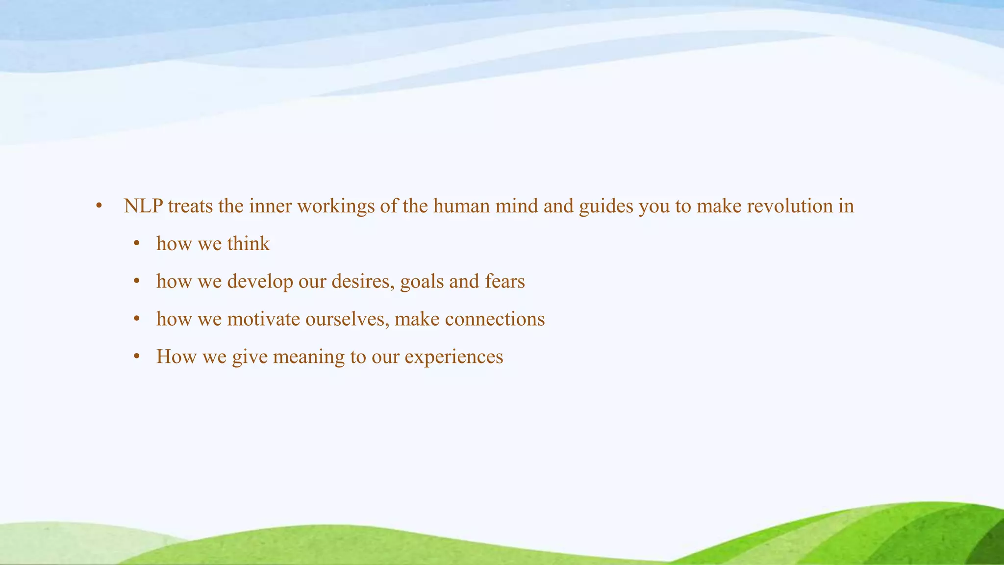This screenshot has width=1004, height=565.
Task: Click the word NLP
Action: [143, 206]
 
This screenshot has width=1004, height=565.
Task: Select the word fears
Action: [504, 282]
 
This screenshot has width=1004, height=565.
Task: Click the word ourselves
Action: [347, 319]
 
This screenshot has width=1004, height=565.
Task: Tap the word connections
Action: [495, 319]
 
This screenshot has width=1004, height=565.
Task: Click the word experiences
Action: [453, 357]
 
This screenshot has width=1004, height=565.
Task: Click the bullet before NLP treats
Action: [99, 206]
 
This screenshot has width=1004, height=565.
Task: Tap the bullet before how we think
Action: [137, 244]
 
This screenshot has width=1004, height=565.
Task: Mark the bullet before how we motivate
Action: [137, 320]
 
